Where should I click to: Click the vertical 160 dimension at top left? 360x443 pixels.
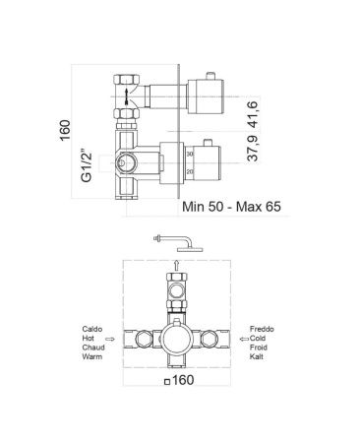pos(65,130)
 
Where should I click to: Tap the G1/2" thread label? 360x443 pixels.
pos(87,166)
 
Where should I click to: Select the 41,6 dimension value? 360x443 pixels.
pos(253,115)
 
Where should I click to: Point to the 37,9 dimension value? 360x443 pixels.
pos(253,149)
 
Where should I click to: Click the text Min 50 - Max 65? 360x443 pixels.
pos(231,207)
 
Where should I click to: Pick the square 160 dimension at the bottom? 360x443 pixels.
pos(179,380)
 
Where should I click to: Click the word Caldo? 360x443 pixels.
pos(92,329)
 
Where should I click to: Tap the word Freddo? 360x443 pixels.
pos(262,329)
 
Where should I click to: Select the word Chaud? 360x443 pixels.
pos(93,348)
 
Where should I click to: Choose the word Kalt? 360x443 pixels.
pos(256,356)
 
